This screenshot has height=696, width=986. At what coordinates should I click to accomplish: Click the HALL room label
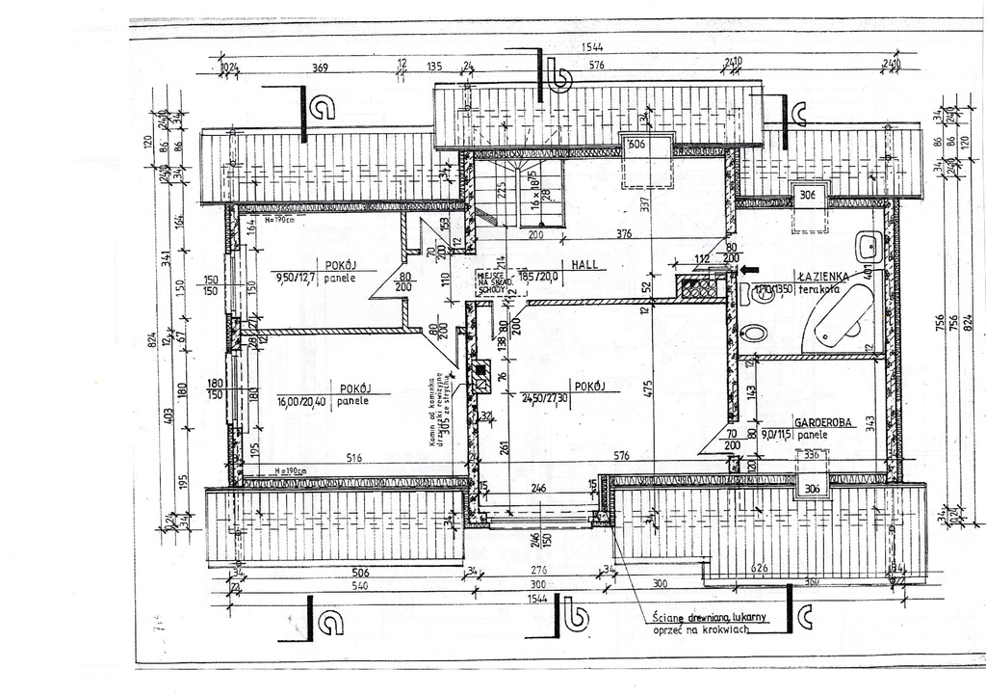point(585,262)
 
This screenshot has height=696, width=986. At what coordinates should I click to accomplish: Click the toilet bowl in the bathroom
point(756,334)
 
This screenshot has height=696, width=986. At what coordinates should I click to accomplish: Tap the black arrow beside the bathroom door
point(751,271)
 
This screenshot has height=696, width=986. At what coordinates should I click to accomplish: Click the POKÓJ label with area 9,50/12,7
point(340,263)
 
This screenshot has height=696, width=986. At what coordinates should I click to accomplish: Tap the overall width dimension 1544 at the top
point(592,48)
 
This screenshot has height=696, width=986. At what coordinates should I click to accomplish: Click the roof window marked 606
point(636,145)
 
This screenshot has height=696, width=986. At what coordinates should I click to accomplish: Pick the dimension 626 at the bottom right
point(758,569)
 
